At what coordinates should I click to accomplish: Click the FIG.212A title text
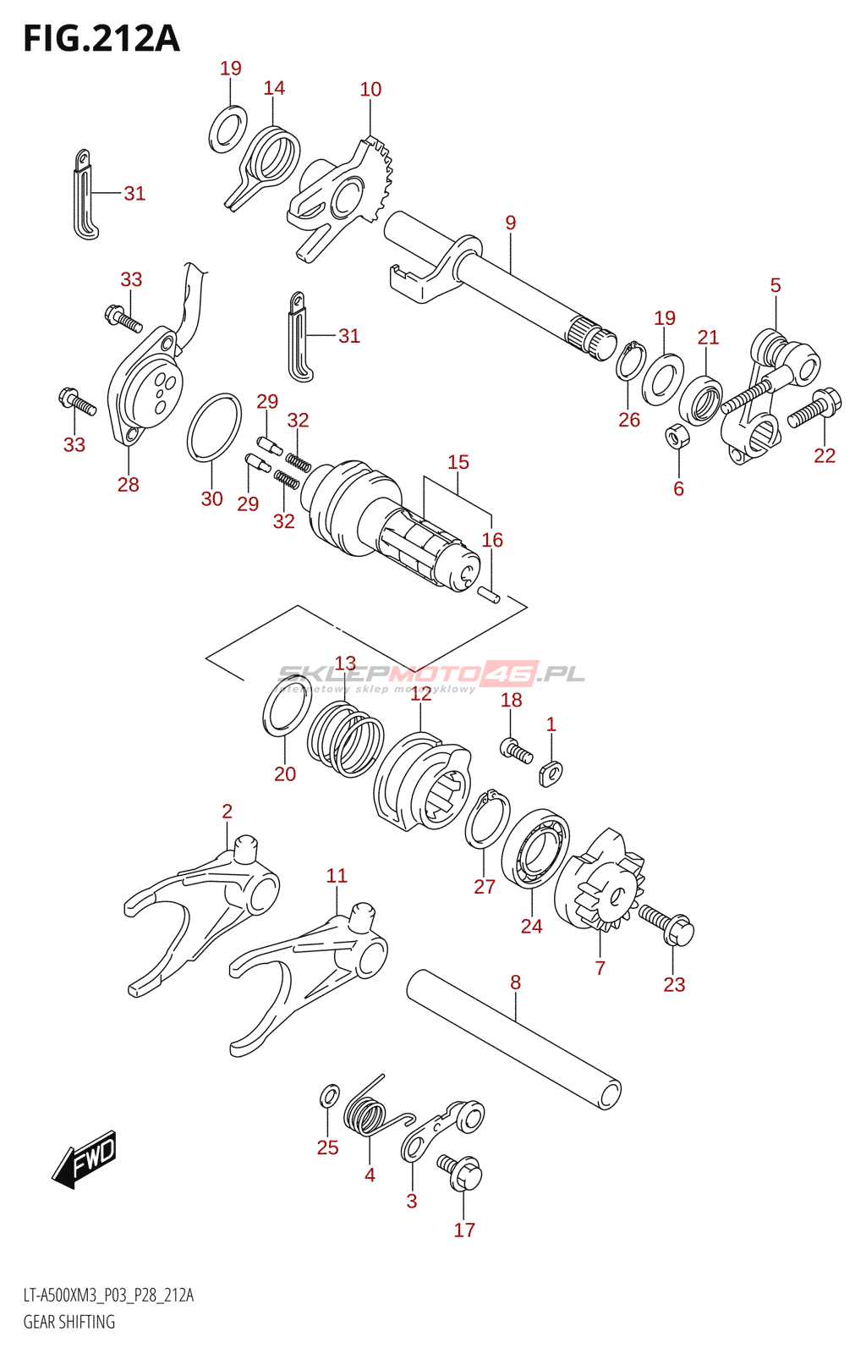pyautogui.click(x=101, y=39)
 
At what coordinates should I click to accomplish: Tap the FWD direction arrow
pyautogui.click(x=85, y=1158)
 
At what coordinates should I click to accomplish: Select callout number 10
pyautogui.click(x=370, y=90)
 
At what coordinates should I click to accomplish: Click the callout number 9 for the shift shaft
pyautogui.click(x=511, y=223)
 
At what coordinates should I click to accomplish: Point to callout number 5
pyautogui.click(x=776, y=286)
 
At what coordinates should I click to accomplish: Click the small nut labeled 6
pyautogui.click(x=677, y=438)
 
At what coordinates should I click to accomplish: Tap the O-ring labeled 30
pyautogui.click(x=214, y=427)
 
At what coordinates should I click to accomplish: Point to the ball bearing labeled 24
pyautogui.click(x=535, y=849)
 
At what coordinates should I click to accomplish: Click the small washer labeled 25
pyautogui.click(x=330, y=1097)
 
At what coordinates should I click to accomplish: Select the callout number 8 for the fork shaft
pyautogui.click(x=515, y=982)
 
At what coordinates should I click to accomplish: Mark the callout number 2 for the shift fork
pyautogui.click(x=227, y=812)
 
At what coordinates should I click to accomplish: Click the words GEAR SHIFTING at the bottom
pyautogui.click(x=69, y=1322)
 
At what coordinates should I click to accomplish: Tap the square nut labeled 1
pyautogui.click(x=551, y=772)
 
